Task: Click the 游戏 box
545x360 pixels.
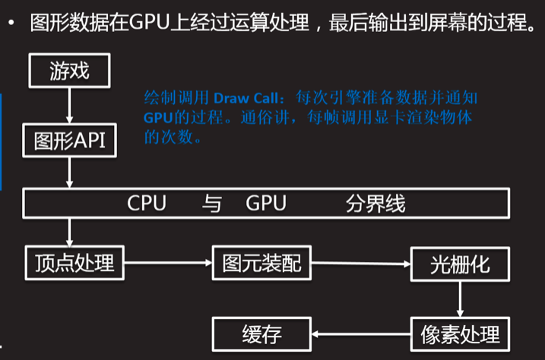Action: (x=70, y=72)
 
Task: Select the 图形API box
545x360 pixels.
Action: (x=70, y=141)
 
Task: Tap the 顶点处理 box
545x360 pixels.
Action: (x=74, y=262)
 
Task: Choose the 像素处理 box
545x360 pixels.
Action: (x=461, y=333)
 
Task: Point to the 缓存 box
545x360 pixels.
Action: (x=261, y=333)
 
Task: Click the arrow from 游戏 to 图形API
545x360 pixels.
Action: (x=70, y=106)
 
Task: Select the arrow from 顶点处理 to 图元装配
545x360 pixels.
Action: (x=167, y=262)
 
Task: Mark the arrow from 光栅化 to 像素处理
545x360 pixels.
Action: (x=461, y=298)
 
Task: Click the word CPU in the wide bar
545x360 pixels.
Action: (x=147, y=204)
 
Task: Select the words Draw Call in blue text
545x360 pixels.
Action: (x=247, y=99)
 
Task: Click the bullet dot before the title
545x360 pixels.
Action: (x=11, y=24)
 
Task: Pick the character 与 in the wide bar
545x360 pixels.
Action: (x=211, y=204)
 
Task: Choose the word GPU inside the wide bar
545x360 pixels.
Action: (x=266, y=204)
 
